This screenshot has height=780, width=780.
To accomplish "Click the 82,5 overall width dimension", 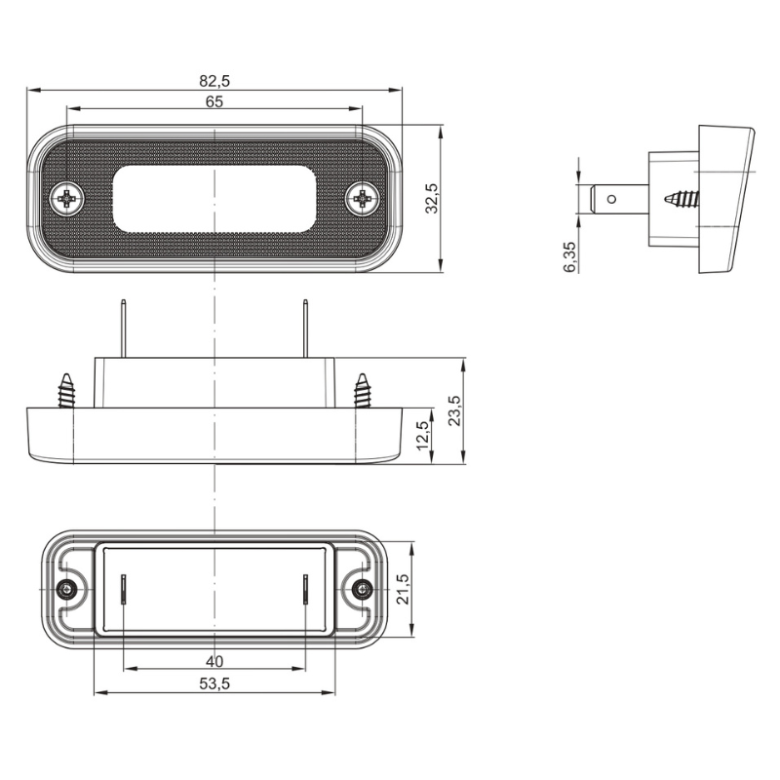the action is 214,81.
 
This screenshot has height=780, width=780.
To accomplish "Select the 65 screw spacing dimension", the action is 214,101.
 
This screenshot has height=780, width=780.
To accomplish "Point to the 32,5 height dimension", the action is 432,199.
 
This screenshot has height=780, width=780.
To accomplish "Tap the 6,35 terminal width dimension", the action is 569,256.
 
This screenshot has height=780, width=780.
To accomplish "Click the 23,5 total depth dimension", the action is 454,410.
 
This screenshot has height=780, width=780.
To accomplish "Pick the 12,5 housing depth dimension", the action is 423,435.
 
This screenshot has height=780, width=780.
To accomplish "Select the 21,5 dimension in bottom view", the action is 403,590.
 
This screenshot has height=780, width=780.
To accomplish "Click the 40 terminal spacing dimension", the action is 214,662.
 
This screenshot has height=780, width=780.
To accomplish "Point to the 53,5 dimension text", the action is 214,684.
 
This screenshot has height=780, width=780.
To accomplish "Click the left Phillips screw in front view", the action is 67,199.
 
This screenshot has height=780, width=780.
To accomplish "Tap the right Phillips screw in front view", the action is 362,199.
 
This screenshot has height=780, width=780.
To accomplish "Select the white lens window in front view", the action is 214,199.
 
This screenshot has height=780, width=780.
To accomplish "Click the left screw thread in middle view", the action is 66,391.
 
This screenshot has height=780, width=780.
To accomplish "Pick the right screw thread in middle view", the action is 362,391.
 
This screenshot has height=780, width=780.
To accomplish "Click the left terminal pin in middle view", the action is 124,329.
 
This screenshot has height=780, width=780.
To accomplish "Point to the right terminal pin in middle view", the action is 306,329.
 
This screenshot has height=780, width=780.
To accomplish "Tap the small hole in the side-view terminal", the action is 612,199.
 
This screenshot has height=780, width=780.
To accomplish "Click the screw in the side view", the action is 682,199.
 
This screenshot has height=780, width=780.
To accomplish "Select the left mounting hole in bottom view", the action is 65,590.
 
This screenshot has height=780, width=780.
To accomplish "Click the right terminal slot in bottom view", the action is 306,590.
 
